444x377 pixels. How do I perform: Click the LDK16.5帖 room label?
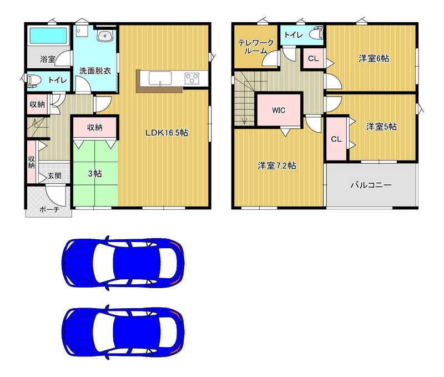coord(167,133)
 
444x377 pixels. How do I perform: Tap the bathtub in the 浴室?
coord(48,35)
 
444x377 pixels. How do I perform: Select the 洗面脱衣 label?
coord(95,71)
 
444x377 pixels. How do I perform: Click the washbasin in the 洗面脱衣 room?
coord(105,36)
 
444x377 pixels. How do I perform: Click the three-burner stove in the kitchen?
coord(192,78)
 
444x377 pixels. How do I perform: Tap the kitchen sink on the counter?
coord(160,78)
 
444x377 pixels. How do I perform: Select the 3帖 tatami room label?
coord(95,173)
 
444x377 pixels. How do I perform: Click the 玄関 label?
coord(54,175)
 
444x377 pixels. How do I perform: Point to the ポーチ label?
coord(49,210)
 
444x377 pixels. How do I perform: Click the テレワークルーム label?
coord(256,47)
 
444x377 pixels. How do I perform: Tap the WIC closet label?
coord(279,110)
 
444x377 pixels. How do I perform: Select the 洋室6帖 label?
coord(374,59)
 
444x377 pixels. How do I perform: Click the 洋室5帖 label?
coord(381,127)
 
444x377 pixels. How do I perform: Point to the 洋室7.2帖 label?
coord(277,165)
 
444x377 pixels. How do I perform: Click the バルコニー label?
coord(371,185)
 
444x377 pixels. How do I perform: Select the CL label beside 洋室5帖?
coord(336,139)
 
